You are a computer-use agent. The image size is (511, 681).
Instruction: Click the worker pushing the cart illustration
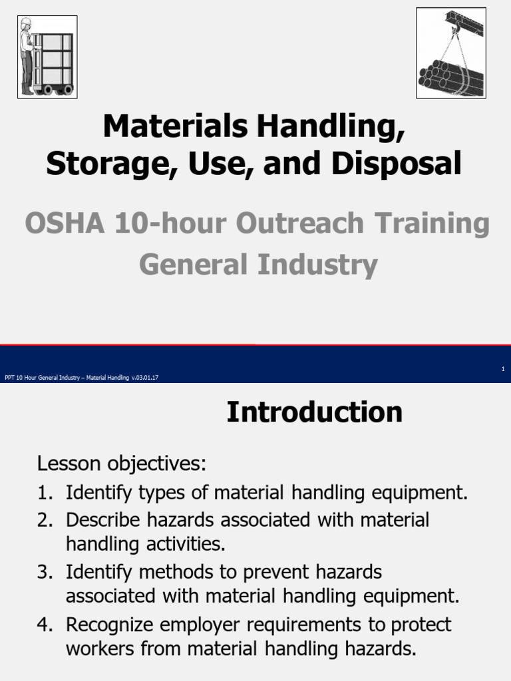tap(47, 57)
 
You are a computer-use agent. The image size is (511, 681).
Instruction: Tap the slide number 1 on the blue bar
tap(503, 369)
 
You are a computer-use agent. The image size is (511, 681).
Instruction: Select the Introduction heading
tap(314, 412)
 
